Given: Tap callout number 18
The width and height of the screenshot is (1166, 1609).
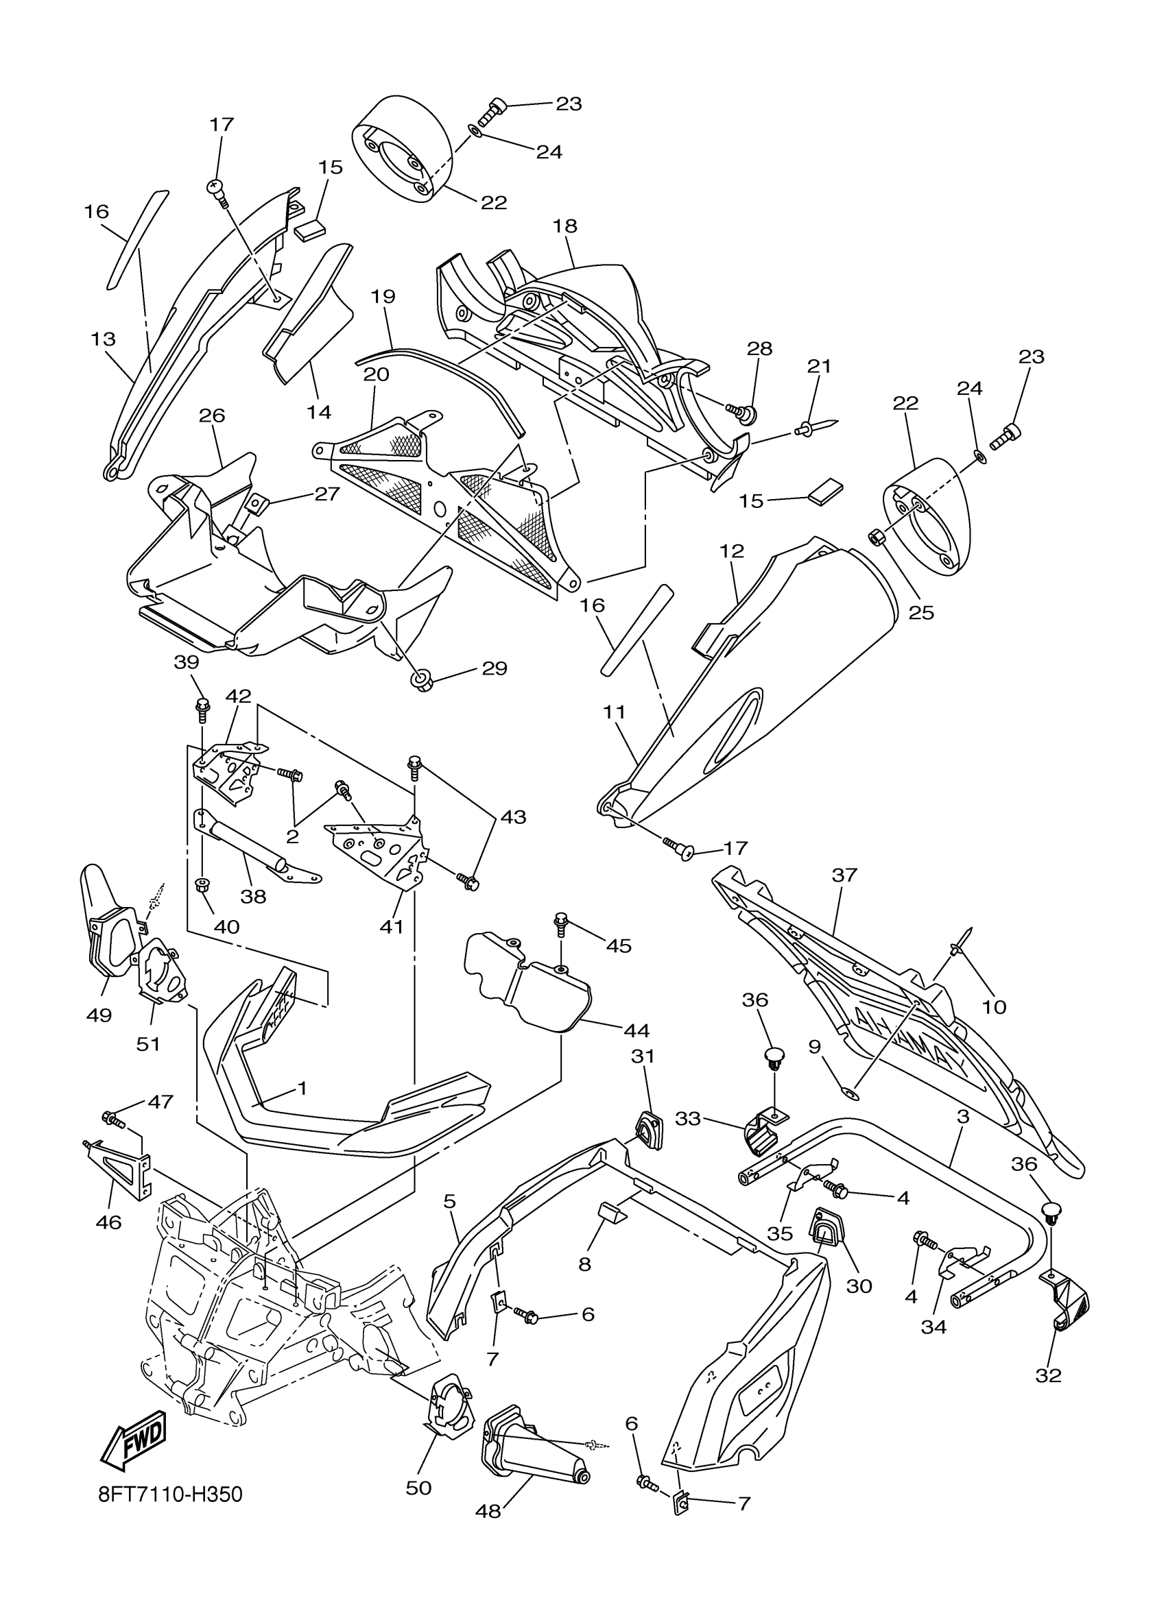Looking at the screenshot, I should [566, 226].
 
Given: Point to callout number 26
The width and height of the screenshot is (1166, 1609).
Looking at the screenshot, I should [211, 415].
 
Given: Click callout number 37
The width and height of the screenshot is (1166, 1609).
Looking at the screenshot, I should [844, 875].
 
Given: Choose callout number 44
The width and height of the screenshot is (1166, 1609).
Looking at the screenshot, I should [636, 1030].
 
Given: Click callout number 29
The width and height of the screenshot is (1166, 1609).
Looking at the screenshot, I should [495, 668].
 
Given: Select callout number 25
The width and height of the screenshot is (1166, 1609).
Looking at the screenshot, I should [921, 612].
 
